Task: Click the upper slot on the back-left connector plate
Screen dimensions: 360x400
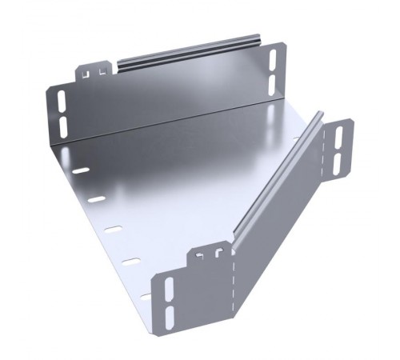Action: point(62,102)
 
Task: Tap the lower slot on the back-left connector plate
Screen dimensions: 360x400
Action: point(62,126)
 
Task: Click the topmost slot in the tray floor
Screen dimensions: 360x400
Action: point(80,170)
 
